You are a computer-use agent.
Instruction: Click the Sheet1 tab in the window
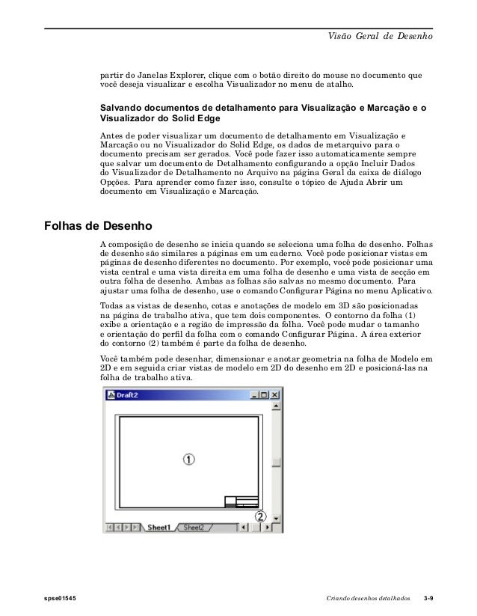tap(159, 527)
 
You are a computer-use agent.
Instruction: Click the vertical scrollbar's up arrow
tap(276, 409)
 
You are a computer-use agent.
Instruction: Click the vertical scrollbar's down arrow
tap(276, 517)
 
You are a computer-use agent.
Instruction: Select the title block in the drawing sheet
tap(241, 502)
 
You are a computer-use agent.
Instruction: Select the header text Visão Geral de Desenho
tap(381, 37)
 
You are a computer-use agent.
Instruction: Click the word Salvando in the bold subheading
tap(123, 108)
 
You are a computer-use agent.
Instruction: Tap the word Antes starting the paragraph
tap(112, 135)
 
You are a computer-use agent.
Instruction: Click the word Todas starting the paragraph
tap(113, 307)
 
